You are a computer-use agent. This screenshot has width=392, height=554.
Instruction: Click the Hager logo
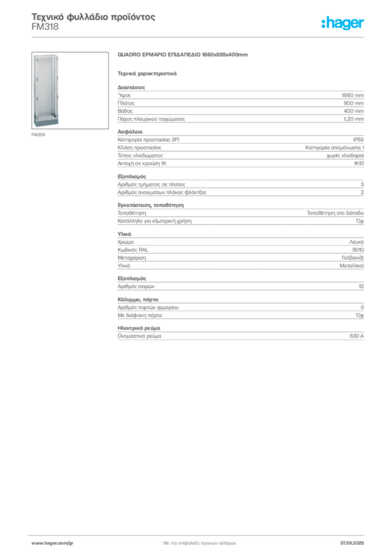(343, 23)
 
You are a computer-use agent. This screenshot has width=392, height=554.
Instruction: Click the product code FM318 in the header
(45, 27)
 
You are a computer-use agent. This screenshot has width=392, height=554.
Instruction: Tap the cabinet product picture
(70, 90)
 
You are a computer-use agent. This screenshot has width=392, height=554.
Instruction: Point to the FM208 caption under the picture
(38, 135)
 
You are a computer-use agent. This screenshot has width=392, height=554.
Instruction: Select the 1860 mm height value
(352, 95)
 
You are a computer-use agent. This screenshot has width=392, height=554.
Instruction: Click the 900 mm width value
(354, 103)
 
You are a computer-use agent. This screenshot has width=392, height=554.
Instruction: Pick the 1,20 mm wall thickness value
(354, 119)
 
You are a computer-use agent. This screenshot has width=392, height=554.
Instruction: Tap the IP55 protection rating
(358, 140)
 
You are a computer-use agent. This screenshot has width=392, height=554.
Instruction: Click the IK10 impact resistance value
(359, 163)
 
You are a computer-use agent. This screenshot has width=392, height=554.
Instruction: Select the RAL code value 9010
(358, 250)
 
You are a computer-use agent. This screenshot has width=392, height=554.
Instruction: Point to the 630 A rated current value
(357, 336)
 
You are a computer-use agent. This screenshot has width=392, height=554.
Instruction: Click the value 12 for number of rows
(361, 286)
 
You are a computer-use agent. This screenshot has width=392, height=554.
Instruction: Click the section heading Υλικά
(125, 234)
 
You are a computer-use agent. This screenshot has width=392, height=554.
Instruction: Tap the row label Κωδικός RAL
(133, 250)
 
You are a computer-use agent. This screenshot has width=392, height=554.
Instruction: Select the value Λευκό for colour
(356, 242)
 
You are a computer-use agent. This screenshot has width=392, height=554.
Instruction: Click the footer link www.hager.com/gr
(53, 543)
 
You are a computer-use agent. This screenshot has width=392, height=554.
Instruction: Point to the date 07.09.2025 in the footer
(352, 543)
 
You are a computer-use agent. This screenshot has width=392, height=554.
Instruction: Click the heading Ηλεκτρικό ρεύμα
(139, 328)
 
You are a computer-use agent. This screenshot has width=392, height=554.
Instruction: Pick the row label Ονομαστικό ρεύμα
(139, 336)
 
